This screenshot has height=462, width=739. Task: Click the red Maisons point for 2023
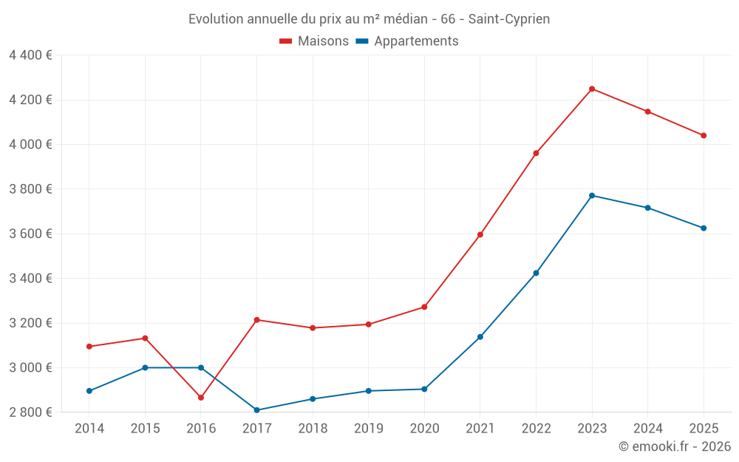pyautogui.click(x=592, y=89)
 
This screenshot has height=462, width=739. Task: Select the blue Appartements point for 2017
pyautogui.click(x=257, y=410)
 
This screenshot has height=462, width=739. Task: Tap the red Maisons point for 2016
pyautogui.click(x=201, y=398)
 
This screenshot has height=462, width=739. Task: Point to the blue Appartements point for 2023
pyautogui.click(x=592, y=196)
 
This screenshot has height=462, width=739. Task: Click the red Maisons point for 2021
pyautogui.click(x=480, y=235)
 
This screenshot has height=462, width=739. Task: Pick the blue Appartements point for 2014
pyautogui.click(x=89, y=391)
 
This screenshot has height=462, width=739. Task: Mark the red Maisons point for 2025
pyautogui.click(x=704, y=136)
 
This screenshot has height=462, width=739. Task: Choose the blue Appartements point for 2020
pyautogui.click(x=424, y=389)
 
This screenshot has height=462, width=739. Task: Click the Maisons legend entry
pyautogui.click(x=314, y=41)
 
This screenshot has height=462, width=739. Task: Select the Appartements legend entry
pyautogui.click(x=407, y=41)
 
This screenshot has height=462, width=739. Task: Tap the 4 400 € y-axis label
pyautogui.click(x=30, y=55)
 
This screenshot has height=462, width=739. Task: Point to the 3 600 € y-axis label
pyautogui.click(x=30, y=234)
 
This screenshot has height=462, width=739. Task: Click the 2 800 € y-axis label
pyautogui.click(x=30, y=412)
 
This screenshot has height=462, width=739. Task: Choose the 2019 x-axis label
pyautogui.click(x=369, y=428)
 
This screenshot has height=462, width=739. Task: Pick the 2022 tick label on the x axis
pyautogui.click(x=536, y=428)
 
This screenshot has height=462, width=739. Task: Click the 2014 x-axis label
pyautogui.click(x=89, y=428)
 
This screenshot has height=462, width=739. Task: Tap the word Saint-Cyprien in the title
pyautogui.click(x=509, y=19)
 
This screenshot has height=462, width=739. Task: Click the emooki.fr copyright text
pyautogui.click(x=675, y=446)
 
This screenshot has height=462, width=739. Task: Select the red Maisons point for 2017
pyautogui.click(x=257, y=320)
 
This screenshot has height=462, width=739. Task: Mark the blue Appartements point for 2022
pyautogui.click(x=536, y=273)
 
